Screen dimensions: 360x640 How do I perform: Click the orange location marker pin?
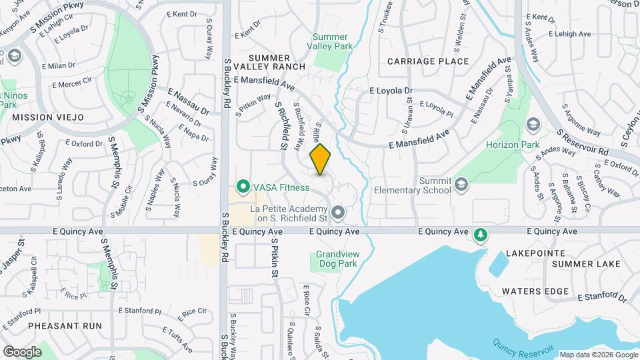click(321, 159)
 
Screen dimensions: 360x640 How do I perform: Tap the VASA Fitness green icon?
click(243, 188)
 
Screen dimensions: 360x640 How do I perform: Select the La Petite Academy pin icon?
click(338, 213)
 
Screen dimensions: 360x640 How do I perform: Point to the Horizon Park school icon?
click(533, 125)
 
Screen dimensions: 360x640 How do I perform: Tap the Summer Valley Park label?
click(331, 41)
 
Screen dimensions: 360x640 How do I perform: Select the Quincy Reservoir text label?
click(524, 347)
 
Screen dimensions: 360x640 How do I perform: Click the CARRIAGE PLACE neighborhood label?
click(429, 61)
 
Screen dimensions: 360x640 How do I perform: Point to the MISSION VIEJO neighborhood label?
click(48, 117)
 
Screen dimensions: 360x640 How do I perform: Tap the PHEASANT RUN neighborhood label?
click(66, 326)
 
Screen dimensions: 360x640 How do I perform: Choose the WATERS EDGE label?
click(535, 291)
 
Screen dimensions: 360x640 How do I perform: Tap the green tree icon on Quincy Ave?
click(480, 235)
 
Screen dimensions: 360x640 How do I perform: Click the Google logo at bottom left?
click(22, 351)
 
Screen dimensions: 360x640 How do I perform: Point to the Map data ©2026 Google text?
click(597, 355)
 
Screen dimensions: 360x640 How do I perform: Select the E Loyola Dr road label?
click(391, 90)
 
